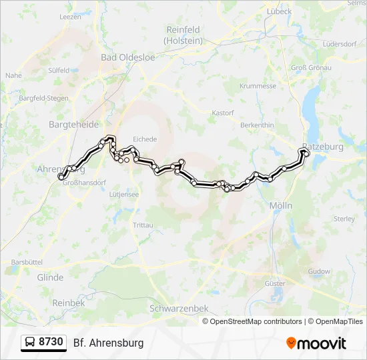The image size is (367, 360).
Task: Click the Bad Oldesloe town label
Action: [x=128, y=57]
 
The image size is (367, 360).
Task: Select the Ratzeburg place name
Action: [x=322, y=146]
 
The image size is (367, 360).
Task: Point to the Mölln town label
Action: [x=281, y=206]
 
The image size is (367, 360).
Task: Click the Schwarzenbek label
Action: [x=179, y=309]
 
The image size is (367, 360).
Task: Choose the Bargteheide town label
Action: [x=74, y=125]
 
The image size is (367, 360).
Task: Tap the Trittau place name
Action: [x=143, y=225]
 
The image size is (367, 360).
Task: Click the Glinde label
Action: [x=51, y=277]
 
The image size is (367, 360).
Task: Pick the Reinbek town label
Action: [x=68, y=302]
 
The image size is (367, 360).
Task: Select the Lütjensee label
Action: [x=124, y=194]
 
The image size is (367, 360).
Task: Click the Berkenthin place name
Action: [x=258, y=125]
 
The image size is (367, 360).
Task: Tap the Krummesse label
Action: [x=258, y=86]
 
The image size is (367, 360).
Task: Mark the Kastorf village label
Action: [x=223, y=113]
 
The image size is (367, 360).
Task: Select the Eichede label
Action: [x=145, y=139]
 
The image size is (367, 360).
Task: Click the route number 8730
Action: [x=51, y=343]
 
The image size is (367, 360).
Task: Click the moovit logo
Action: [x=316, y=343]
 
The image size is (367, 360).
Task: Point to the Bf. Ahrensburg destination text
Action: [x=108, y=343]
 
